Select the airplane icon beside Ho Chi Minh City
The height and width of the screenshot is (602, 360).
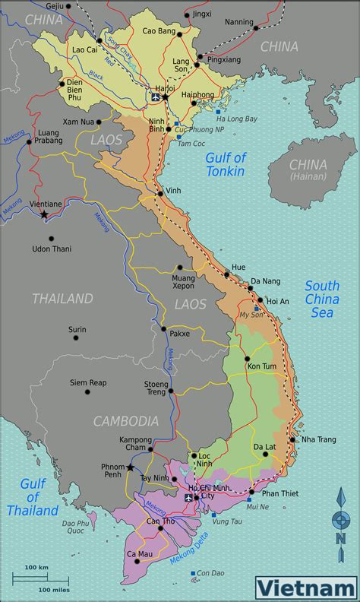pos(189,497)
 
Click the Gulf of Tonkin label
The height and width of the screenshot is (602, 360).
pos(226,164)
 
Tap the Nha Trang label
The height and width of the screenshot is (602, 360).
pos(319,439)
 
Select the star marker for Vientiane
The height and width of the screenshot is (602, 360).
pos(44,215)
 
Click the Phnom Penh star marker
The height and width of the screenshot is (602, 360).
pos(131,467)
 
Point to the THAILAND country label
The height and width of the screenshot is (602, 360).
pos(62,299)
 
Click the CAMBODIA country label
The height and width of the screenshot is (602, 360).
pos(126,420)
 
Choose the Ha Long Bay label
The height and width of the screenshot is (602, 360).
pos(237,119)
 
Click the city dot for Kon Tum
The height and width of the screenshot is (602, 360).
pos(247,359)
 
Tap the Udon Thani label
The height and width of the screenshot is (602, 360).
pos(52,249)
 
